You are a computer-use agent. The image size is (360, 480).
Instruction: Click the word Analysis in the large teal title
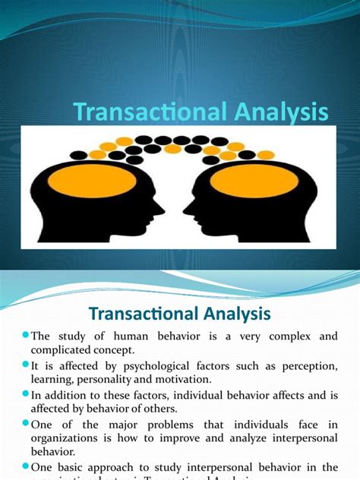click(281, 112)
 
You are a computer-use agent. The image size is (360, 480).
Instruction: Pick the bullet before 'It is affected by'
click(25, 365)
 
